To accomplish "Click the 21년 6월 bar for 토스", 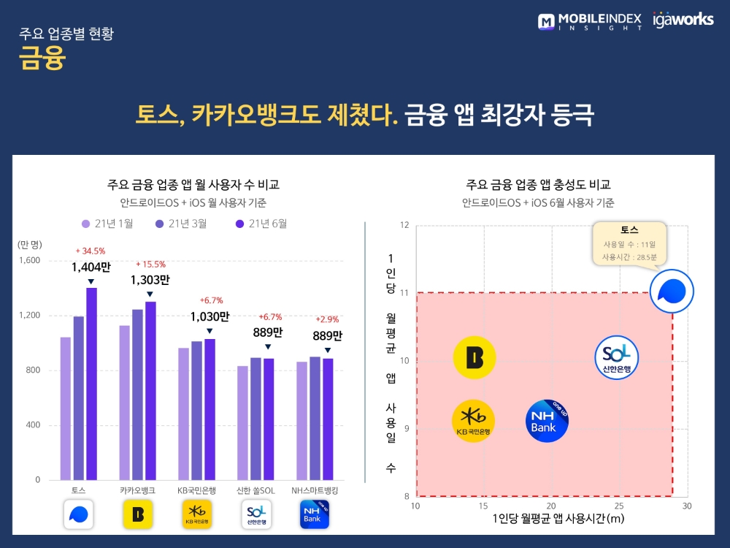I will coord(91,384).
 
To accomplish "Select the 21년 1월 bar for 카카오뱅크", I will coord(125,403).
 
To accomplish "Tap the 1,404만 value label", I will coord(91,267).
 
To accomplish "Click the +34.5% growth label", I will coord(91,251).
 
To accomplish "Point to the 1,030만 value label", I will coord(210,317).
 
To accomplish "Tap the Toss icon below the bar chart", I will coord(78,514).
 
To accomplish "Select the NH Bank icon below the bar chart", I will coord(315,514).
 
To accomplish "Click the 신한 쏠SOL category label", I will coord(255,490).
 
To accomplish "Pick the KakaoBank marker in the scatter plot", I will coord(474,358).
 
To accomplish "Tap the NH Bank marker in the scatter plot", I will coord(547,422).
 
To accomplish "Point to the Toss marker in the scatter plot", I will coord(672,292).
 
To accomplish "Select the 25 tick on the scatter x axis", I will coord(619,506).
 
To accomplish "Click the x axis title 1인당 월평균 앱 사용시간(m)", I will coord(551,519).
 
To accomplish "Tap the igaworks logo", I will coord(683,20).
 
